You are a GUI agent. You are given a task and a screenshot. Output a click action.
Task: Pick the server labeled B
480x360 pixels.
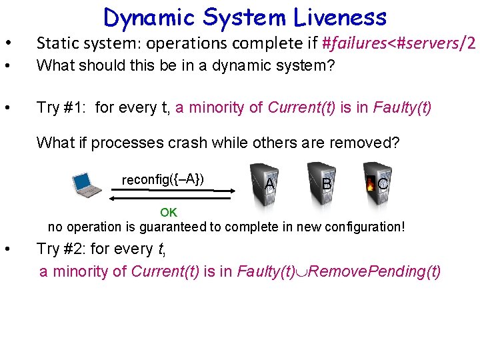(x=323, y=180)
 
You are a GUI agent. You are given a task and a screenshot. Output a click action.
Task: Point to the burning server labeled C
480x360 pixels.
(x=377, y=180)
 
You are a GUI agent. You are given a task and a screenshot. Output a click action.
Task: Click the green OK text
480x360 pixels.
(x=169, y=213)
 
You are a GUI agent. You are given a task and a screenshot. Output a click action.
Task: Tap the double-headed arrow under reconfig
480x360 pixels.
(x=172, y=194)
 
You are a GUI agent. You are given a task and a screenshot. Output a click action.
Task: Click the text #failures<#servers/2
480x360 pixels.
(x=399, y=43)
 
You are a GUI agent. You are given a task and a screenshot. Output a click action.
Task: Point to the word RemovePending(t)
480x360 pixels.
(x=375, y=271)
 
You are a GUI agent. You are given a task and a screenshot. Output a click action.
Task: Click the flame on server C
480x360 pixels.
(x=369, y=183)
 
